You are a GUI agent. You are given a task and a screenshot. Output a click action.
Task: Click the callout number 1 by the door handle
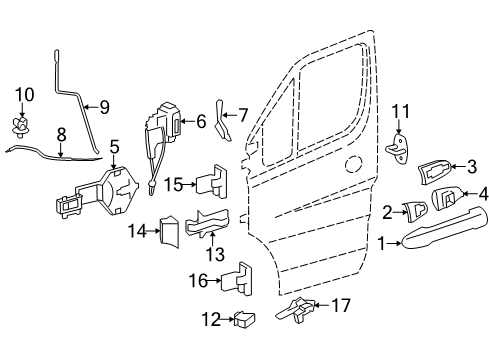(x=381, y=241)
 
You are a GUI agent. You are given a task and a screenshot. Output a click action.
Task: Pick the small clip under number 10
(x=21, y=125)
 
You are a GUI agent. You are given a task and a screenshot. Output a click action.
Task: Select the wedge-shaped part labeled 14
(x=167, y=232)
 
